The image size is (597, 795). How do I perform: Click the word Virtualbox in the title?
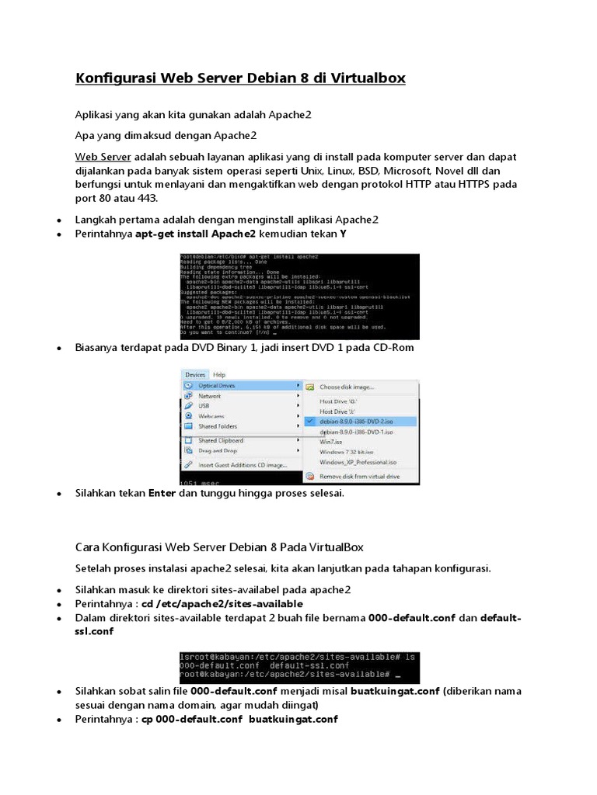point(363,78)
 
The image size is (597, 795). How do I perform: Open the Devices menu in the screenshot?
point(195,374)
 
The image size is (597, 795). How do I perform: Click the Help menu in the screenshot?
point(220,374)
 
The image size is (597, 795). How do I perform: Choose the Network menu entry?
point(210,396)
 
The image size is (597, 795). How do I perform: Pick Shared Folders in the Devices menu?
point(218,426)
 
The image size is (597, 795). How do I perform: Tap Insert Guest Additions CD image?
point(242,465)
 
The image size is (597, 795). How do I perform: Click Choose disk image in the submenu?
point(347,387)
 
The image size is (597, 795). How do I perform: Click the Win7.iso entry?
point(331,441)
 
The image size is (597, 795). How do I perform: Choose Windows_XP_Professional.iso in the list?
point(358,461)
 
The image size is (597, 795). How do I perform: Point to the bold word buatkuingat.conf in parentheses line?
point(395,690)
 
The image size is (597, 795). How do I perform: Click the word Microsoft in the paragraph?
point(404,171)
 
